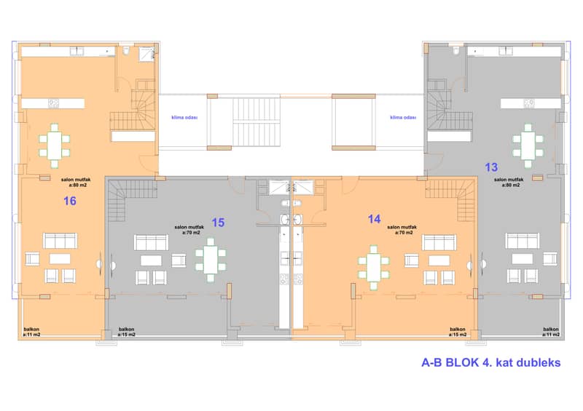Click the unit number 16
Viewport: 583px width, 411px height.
tap(70, 201)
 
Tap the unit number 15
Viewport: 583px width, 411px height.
tap(218, 223)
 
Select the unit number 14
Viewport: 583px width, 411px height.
tap(375, 219)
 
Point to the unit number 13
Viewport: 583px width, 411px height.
tap(491, 167)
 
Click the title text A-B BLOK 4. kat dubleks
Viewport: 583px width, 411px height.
tap(490, 362)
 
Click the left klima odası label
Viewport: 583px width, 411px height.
tap(184, 117)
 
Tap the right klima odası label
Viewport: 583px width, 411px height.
tap(403, 117)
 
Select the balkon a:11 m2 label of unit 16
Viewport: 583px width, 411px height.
tap(31, 332)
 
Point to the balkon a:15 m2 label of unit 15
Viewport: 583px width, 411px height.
tap(126, 332)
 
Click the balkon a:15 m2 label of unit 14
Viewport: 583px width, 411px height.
tap(458, 332)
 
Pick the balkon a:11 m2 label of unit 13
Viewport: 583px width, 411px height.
tap(551, 332)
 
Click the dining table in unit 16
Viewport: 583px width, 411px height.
tap(54, 145)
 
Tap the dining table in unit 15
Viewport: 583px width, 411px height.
tap(211, 260)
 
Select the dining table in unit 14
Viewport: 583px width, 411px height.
tap(373, 267)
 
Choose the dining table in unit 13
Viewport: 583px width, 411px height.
tap(528, 145)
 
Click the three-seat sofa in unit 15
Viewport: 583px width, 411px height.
tap(151, 242)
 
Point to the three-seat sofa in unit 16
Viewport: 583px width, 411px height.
tap(60, 241)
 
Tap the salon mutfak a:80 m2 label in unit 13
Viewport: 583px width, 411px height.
tap(509, 183)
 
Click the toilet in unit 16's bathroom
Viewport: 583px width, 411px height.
tap(125, 51)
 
